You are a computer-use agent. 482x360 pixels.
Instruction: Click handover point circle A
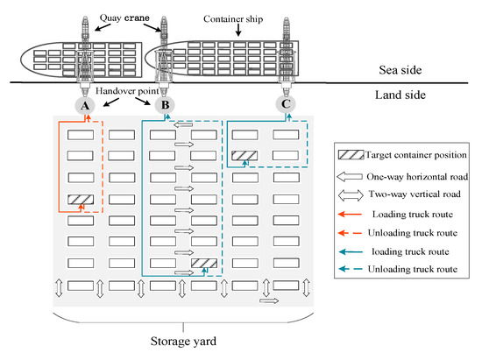click(84, 106)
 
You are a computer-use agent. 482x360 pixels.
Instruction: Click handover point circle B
click(164, 106)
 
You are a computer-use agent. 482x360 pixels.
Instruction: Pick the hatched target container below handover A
click(82, 200)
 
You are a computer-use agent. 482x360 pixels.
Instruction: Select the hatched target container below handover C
click(245, 157)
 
